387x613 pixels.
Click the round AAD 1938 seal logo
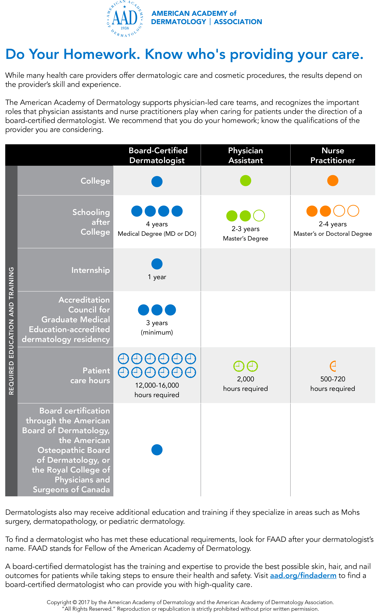[125, 19]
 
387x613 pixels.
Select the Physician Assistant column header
[245, 155]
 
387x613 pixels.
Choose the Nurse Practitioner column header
[332, 155]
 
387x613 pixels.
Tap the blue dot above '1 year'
[157, 264]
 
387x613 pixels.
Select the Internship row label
[90, 270]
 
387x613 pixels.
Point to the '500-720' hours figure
[333, 379]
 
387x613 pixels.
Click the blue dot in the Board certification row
[157, 450]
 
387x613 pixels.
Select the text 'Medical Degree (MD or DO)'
[157, 234]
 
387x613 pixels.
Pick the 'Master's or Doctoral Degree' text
[333, 234]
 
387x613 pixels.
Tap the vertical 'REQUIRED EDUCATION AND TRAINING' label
[11, 331]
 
